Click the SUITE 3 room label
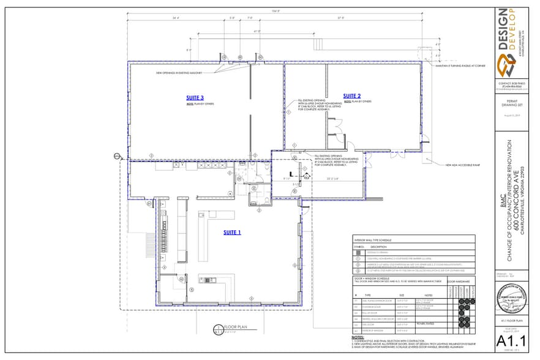point(195,97)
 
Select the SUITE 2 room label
point(352,96)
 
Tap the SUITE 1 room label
point(231,232)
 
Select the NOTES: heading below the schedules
point(358,337)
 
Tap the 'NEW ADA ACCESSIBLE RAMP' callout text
point(461,165)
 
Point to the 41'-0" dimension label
point(257,31)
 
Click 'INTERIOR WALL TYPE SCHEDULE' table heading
point(374,240)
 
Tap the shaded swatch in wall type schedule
point(358,252)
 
